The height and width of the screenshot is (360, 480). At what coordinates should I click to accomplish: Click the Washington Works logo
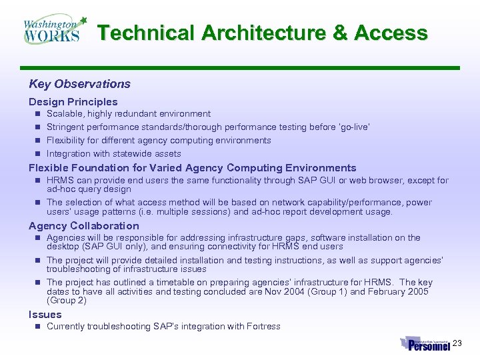pyautogui.click(x=53, y=29)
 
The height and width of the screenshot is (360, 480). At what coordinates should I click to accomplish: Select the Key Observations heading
pyautogui.click(x=79, y=84)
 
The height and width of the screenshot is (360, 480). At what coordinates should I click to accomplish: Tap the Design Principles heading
pyautogui.click(x=73, y=102)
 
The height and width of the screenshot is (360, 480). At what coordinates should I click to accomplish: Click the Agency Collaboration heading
pyautogui.click(x=83, y=226)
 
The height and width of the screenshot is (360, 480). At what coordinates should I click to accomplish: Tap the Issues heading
pyautogui.click(x=45, y=315)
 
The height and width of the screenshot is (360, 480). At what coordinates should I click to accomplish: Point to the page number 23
pyautogui.click(x=457, y=343)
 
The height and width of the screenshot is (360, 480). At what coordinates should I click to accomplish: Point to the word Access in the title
pyautogui.click(x=391, y=33)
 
